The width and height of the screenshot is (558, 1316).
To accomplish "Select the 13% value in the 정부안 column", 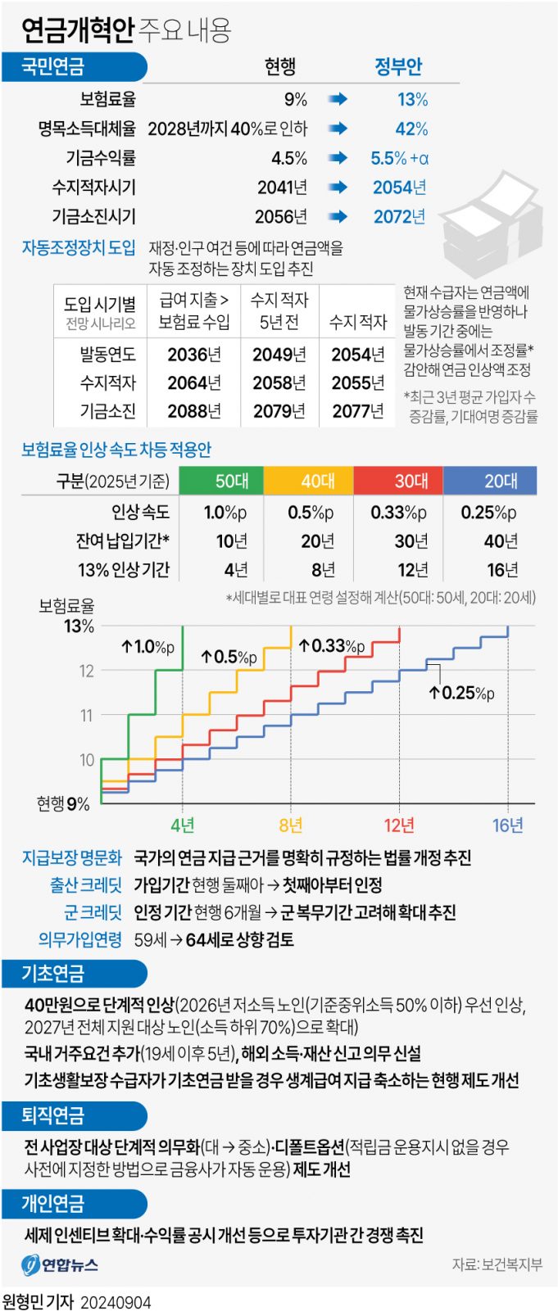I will [412, 100].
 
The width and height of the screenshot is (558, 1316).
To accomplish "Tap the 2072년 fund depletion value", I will [399, 217].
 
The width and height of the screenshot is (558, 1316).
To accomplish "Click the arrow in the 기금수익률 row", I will [338, 158].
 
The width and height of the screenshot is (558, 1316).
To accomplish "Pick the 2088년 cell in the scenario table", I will [194, 410].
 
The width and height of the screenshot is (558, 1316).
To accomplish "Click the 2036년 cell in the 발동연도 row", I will [194, 355].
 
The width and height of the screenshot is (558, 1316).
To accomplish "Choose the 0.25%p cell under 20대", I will [488, 513].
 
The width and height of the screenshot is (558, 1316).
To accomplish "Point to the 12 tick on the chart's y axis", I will [86, 671].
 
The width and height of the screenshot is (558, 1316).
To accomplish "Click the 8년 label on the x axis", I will [290, 825].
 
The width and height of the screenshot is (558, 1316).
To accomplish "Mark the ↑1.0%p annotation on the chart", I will [147, 647].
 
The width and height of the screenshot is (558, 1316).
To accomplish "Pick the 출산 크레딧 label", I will [85, 885].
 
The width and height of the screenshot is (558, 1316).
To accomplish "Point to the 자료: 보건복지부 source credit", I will [497, 1264].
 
